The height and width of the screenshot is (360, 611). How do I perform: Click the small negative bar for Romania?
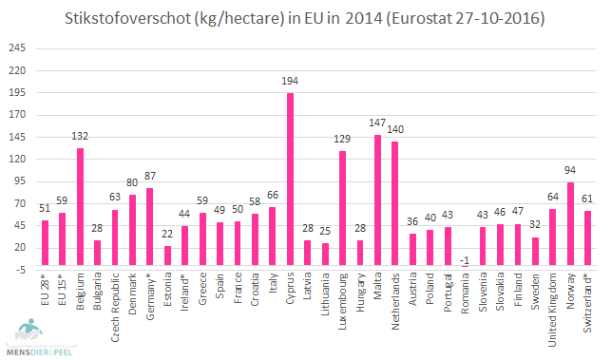click(465, 268)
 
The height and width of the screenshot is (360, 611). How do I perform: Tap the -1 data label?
click(465, 257)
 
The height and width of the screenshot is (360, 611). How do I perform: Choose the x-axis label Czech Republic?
click(115, 301)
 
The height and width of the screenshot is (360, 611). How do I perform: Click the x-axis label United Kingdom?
click(552, 305)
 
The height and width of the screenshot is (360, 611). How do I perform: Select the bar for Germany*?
click(150, 219)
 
